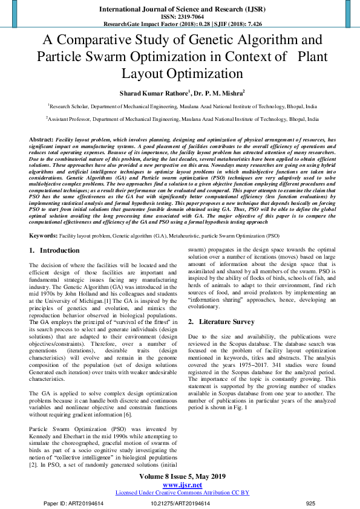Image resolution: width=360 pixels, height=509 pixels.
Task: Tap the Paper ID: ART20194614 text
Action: [74, 503]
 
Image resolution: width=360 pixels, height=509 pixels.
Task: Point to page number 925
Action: [310, 503]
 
